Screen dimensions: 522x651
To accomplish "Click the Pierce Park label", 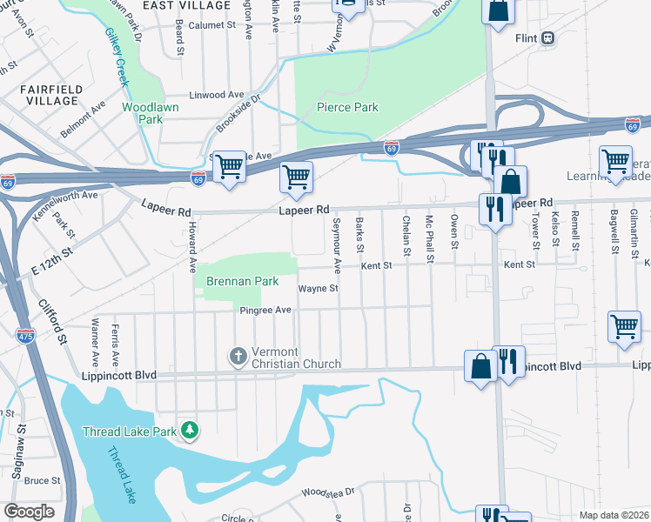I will click(x=347, y=107).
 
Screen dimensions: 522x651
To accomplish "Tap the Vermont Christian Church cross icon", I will click(x=237, y=356).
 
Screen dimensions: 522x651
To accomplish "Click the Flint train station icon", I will click(x=548, y=37).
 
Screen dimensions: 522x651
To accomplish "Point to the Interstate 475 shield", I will click(x=25, y=334).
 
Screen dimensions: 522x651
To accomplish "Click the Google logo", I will click(x=29, y=512).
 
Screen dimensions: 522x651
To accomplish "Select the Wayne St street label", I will click(x=318, y=289).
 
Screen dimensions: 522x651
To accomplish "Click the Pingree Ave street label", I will click(x=266, y=311).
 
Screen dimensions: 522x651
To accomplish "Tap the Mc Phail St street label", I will click(x=429, y=238).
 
